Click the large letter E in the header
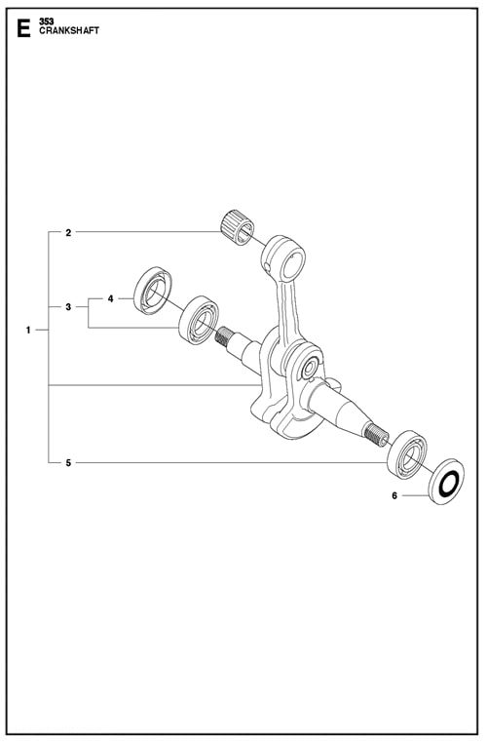pos(23,29)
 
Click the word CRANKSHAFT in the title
pos(69,31)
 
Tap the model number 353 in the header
pos(48,20)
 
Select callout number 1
pos(29,331)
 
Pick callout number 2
pos(68,233)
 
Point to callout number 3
pos(68,307)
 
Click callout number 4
pos(111,297)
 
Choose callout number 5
pos(68,462)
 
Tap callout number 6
pos(394,495)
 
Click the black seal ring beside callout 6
pos(446,481)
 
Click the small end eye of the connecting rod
pos(283,255)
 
